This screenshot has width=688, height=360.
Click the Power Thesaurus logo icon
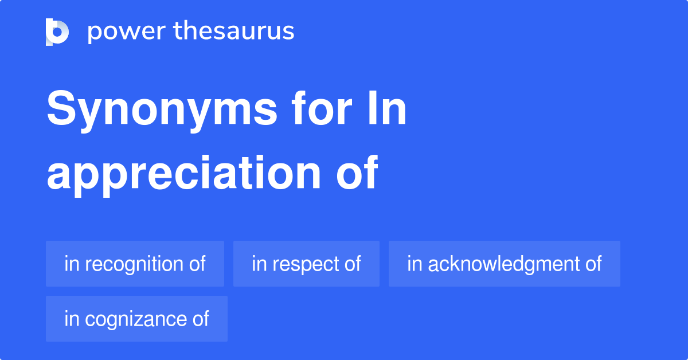click(57, 32)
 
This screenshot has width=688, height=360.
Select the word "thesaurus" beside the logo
click(234, 32)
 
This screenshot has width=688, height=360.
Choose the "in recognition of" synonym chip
click(135, 264)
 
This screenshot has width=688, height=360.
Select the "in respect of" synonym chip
click(306, 264)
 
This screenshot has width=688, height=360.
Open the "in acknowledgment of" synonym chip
click(504, 264)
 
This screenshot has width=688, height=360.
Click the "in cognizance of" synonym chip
click(136, 319)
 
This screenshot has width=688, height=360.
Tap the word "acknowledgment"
click(501, 264)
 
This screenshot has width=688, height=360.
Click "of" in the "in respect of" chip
click(352, 264)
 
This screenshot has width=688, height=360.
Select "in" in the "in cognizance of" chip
click(71, 319)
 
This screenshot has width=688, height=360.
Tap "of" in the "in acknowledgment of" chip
click(593, 264)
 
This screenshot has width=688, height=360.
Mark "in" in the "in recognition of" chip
click(71, 264)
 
